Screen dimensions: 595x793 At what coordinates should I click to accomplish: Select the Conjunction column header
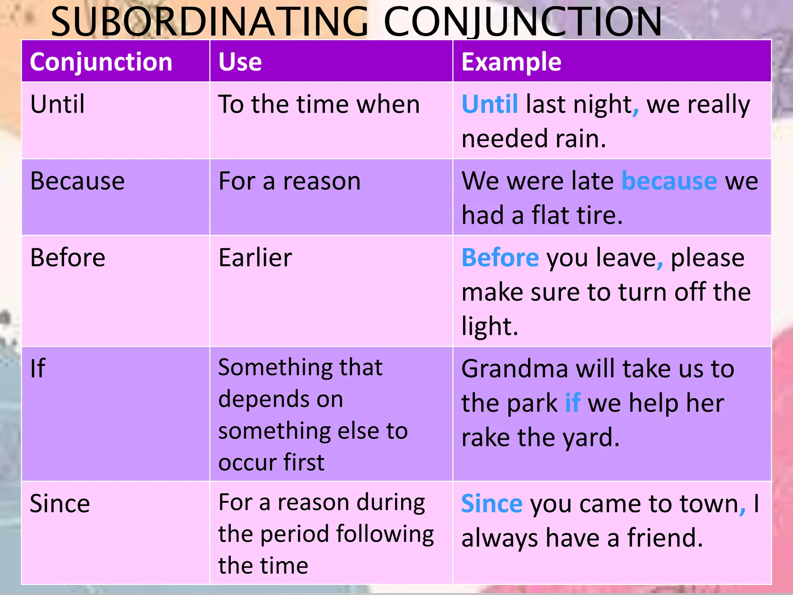point(101,62)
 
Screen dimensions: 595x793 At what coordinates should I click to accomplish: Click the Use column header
point(240,62)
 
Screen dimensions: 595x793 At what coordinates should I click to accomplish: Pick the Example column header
point(511,62)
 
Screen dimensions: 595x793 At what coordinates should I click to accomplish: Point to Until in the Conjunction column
point(57,104)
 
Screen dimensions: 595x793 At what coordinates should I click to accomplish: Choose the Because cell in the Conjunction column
point(77,181)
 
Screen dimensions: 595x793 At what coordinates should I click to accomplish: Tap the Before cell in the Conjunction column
point(68,258)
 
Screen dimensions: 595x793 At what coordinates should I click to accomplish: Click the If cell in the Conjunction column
point(38,368)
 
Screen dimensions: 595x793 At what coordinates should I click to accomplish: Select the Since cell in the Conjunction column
point(60,504)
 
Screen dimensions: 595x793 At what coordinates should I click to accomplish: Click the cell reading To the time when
point(319,104)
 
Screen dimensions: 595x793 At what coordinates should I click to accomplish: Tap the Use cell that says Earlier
point(255,258)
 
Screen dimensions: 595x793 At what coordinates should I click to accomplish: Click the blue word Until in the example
point(490,104)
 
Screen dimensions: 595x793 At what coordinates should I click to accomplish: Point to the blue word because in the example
point(669,181)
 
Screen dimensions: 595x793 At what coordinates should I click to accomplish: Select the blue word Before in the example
point(500,258)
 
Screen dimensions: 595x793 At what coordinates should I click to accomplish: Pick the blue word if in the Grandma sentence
point(573,403)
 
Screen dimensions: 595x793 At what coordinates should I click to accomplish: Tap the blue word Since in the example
point(492,504)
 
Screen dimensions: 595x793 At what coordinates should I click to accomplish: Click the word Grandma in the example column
point(515,368)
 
